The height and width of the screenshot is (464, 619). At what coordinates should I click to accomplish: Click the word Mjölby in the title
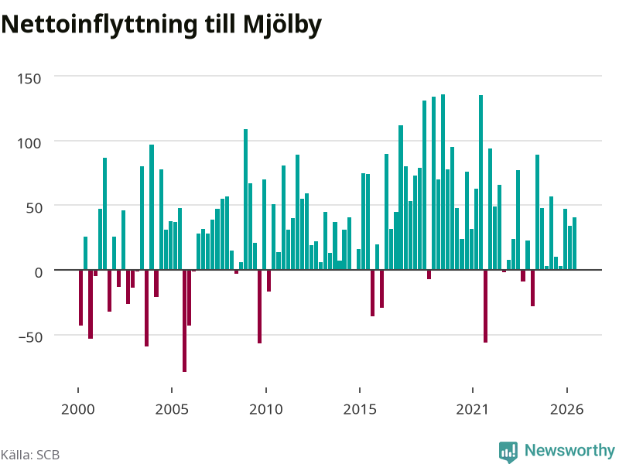(282, 25)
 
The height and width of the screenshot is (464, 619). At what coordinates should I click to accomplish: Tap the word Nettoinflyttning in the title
(99, 25)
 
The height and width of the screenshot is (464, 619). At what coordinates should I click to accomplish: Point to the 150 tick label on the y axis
(29, 79)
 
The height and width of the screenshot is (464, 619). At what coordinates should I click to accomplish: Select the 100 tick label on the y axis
(29, 143)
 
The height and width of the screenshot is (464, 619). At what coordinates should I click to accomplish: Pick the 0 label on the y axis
(38, 273)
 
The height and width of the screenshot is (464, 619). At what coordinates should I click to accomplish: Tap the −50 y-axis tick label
(30, 337)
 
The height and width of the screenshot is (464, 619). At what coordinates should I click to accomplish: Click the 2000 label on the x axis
(78, 409)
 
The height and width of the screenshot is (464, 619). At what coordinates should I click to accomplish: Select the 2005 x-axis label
(172, 409)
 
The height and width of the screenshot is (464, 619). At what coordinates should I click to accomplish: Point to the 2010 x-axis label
(266, 409)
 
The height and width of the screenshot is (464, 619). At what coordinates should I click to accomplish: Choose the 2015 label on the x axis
(360, 409)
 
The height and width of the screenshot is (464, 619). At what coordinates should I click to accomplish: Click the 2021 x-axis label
(473, 409)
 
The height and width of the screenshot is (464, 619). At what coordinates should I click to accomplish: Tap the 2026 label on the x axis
(567, 409)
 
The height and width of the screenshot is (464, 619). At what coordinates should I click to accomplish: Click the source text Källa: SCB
(30, 455)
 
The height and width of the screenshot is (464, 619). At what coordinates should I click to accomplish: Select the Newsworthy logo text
(569, 450)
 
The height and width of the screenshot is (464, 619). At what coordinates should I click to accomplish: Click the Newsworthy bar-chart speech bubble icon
(508, 452)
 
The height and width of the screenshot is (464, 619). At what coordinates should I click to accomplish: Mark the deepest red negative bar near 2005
(184, 321)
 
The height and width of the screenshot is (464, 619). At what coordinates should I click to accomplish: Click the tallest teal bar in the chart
(443, 182)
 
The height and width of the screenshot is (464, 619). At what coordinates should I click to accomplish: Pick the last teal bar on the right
(575, 244)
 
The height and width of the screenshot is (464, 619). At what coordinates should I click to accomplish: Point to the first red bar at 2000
(81, 298)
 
